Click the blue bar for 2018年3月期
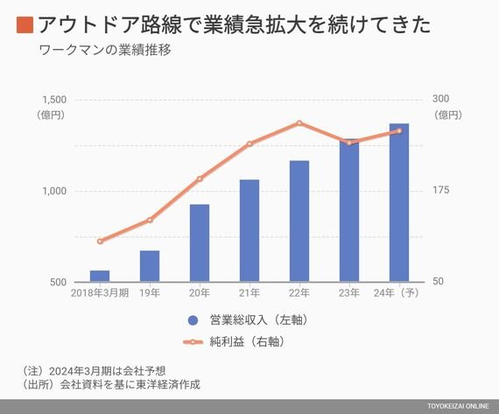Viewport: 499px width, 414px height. coord(100,276)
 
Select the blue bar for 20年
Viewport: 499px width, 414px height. coord(200,242)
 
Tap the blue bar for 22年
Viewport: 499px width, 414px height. coord(299,221)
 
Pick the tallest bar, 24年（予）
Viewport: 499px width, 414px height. coord(399,202)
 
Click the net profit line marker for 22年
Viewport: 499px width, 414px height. coord(299,123)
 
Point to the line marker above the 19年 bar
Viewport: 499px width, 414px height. coord(150,220)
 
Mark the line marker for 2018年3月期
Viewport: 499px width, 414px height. coord(100,242)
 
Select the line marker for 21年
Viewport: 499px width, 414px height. coord(249,144)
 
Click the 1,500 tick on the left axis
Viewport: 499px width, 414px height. coord(54,100)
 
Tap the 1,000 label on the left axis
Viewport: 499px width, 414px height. coord(54,191)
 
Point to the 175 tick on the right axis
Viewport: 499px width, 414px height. coord(440,190)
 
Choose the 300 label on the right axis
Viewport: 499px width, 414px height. coord(440,99)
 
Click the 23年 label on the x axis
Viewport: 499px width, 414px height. coord(349,292)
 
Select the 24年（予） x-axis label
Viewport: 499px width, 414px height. coord(397,292)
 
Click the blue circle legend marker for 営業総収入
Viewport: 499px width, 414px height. coord(193,320)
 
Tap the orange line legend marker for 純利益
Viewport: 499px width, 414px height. coord(193,342)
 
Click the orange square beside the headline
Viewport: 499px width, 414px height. coord(25,25)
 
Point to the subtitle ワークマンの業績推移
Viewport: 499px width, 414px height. coord(105,50)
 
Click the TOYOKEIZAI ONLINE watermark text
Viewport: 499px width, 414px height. coord(458,406)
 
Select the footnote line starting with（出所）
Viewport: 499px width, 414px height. coord(111,385)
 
